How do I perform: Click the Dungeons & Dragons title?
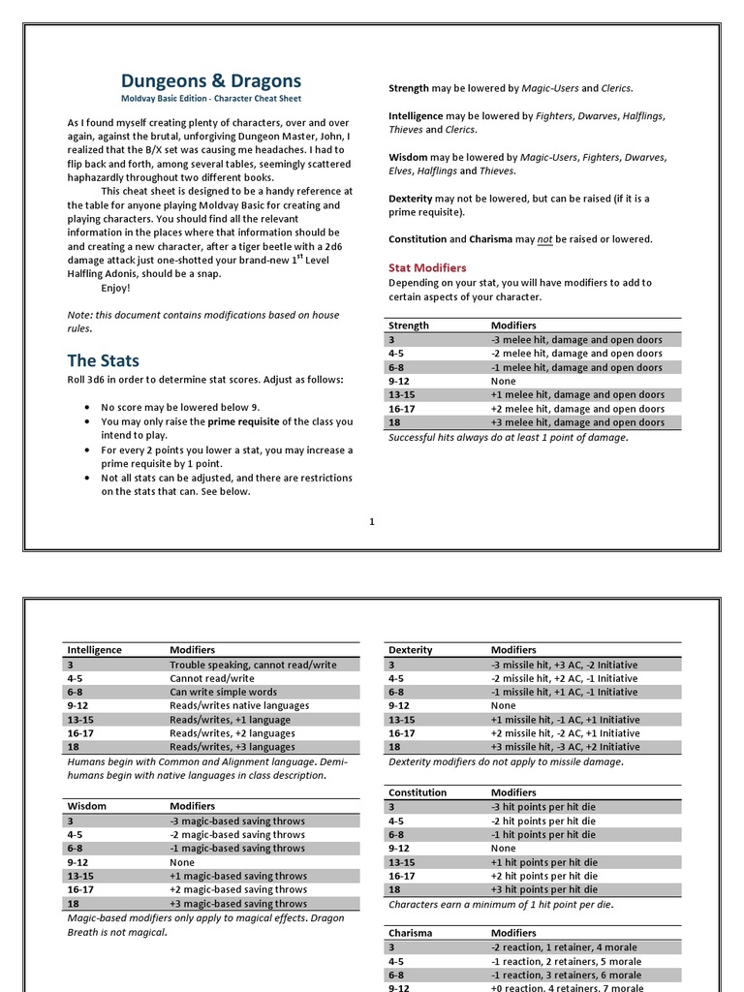tap(210, 81)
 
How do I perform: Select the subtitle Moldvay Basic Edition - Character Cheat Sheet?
tap(210, 99)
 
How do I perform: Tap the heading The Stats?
tap(103, 360)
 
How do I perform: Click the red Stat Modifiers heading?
tap(427, 267)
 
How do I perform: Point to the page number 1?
tap(371, 522)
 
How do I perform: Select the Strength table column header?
tap(409, 325)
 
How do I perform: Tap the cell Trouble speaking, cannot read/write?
tap(253, 665)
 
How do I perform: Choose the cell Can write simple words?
tap(223, 692)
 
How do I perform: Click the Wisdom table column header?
tap(86, 806)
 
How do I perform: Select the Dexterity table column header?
tap(410, 650)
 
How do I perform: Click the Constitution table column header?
tap(417, 792)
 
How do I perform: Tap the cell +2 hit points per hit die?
tap(544, 876)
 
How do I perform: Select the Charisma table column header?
tap(410, 934)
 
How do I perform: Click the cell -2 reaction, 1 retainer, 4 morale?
tap(566, 947)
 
